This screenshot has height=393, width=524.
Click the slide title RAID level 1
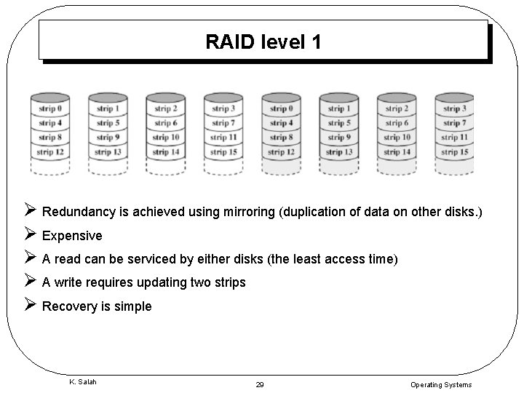click(x=263, y=41)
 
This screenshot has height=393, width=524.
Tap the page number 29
click(x=260, y=384)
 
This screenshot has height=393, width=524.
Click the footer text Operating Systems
click(x=441, y=384)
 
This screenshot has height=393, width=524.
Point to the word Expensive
click(x=72, y=236)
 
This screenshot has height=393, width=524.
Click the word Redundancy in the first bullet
click(x=77, y=212)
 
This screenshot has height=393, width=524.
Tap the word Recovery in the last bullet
click(x=68, y=306)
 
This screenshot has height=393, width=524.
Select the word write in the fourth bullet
click(x=68, y=282)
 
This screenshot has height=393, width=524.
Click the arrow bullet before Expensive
click(x=31, y=235)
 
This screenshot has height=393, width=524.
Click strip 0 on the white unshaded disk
click(x=49, y=109)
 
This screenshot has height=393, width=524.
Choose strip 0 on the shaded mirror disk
click(x=281, y=109)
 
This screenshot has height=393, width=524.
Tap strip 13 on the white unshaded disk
click(x=108, y=152)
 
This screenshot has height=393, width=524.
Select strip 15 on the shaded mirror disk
click(x=454, y=152)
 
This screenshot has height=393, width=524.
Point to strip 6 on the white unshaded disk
click(x=166, y=123)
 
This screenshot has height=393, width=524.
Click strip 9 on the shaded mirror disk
click(x=338, y=138)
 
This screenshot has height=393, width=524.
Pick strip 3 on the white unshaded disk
click(x=223, y=109)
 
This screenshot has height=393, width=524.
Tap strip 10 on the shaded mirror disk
click(x=397, y=138)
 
